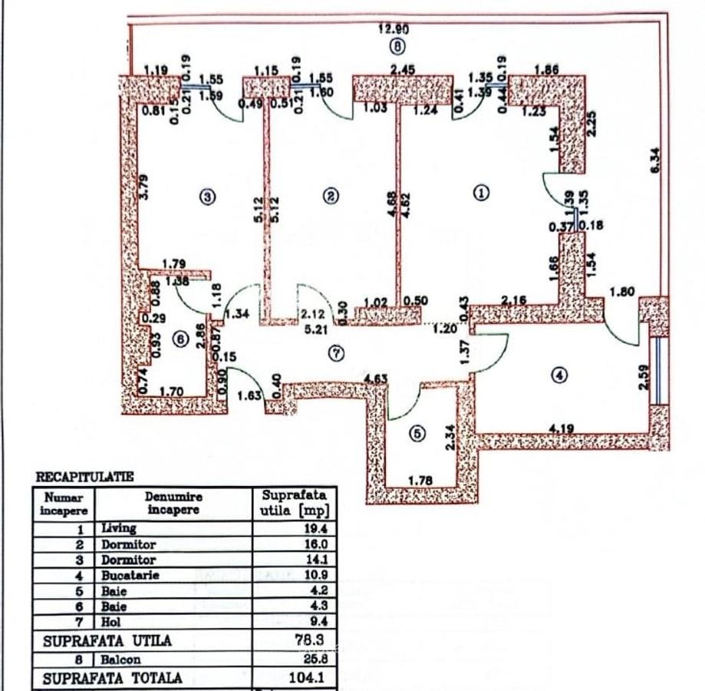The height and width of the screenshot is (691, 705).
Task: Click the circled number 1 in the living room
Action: click(x=481, y=193)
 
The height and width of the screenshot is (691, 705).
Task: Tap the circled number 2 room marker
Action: click(x=330, y=196)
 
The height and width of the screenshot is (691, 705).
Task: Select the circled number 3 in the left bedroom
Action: click(x=207, y=196)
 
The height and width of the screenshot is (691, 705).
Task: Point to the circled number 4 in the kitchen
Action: click(x=559, y=375)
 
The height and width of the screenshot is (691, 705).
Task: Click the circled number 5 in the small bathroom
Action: click(x=417, y=434)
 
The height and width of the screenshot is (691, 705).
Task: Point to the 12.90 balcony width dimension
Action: click(x=394, y=29)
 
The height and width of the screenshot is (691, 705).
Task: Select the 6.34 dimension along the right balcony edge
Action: click(x=655, y=160)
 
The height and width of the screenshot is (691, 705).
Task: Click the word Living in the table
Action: click(x=119, y=528)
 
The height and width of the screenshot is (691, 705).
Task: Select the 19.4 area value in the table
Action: click(x=315, y=529)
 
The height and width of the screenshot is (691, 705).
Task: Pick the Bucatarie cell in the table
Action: click(x=130, y=576)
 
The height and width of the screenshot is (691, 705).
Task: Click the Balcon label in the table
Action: click(x=119, y=660)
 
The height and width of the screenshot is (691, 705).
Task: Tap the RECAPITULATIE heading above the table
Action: click(x=84, y=477)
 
